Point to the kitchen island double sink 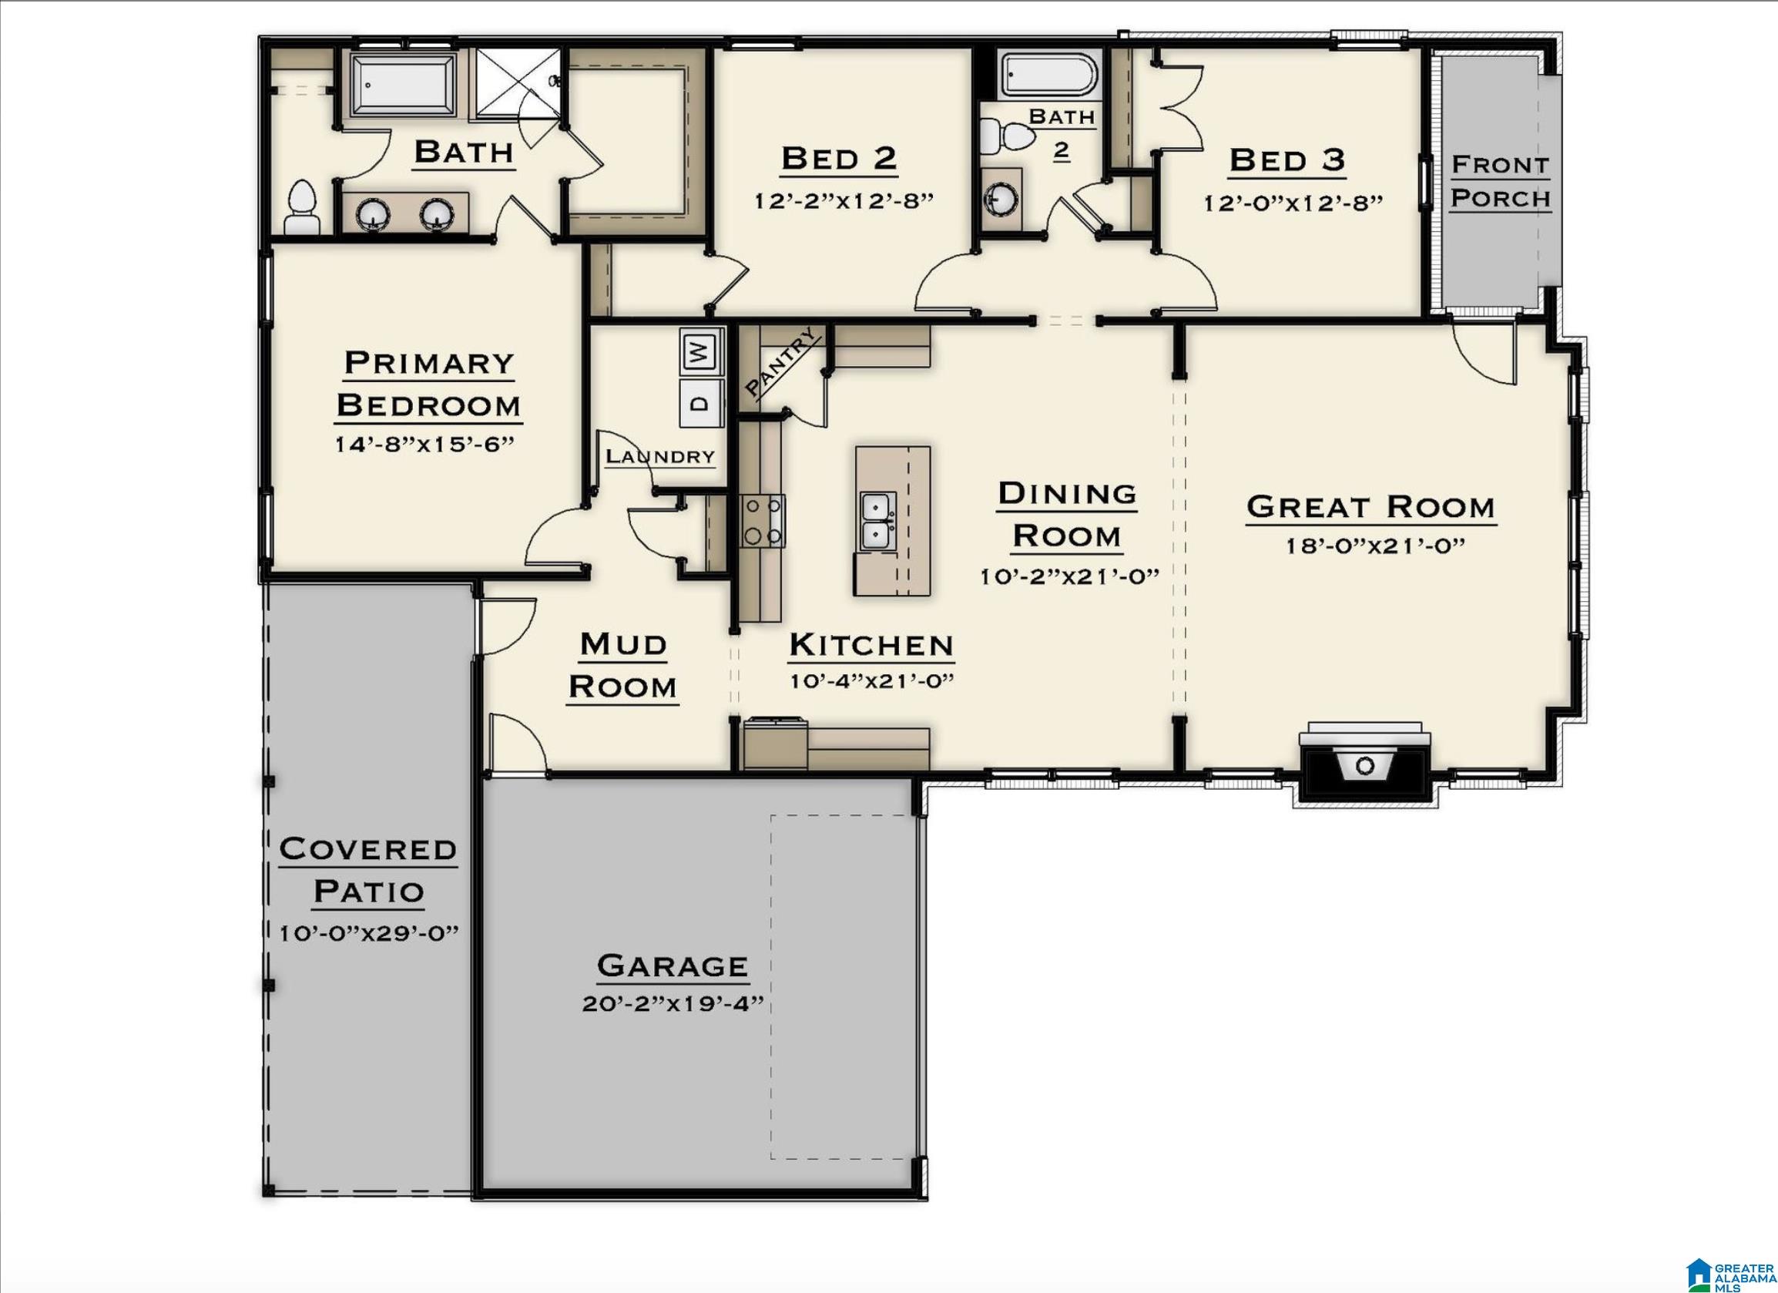coord(877,522)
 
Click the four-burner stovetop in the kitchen coord(763,521)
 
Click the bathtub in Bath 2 coord(1047,76)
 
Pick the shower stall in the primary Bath coord(518,83)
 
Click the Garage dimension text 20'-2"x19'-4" coord(672,1005)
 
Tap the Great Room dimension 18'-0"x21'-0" coord(1374,546)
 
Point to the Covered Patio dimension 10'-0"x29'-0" coord(368,933)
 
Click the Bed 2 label coord(839,160)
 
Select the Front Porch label coord(1500,181)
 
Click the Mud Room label coord(622,665)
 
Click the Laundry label coord(660,456)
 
